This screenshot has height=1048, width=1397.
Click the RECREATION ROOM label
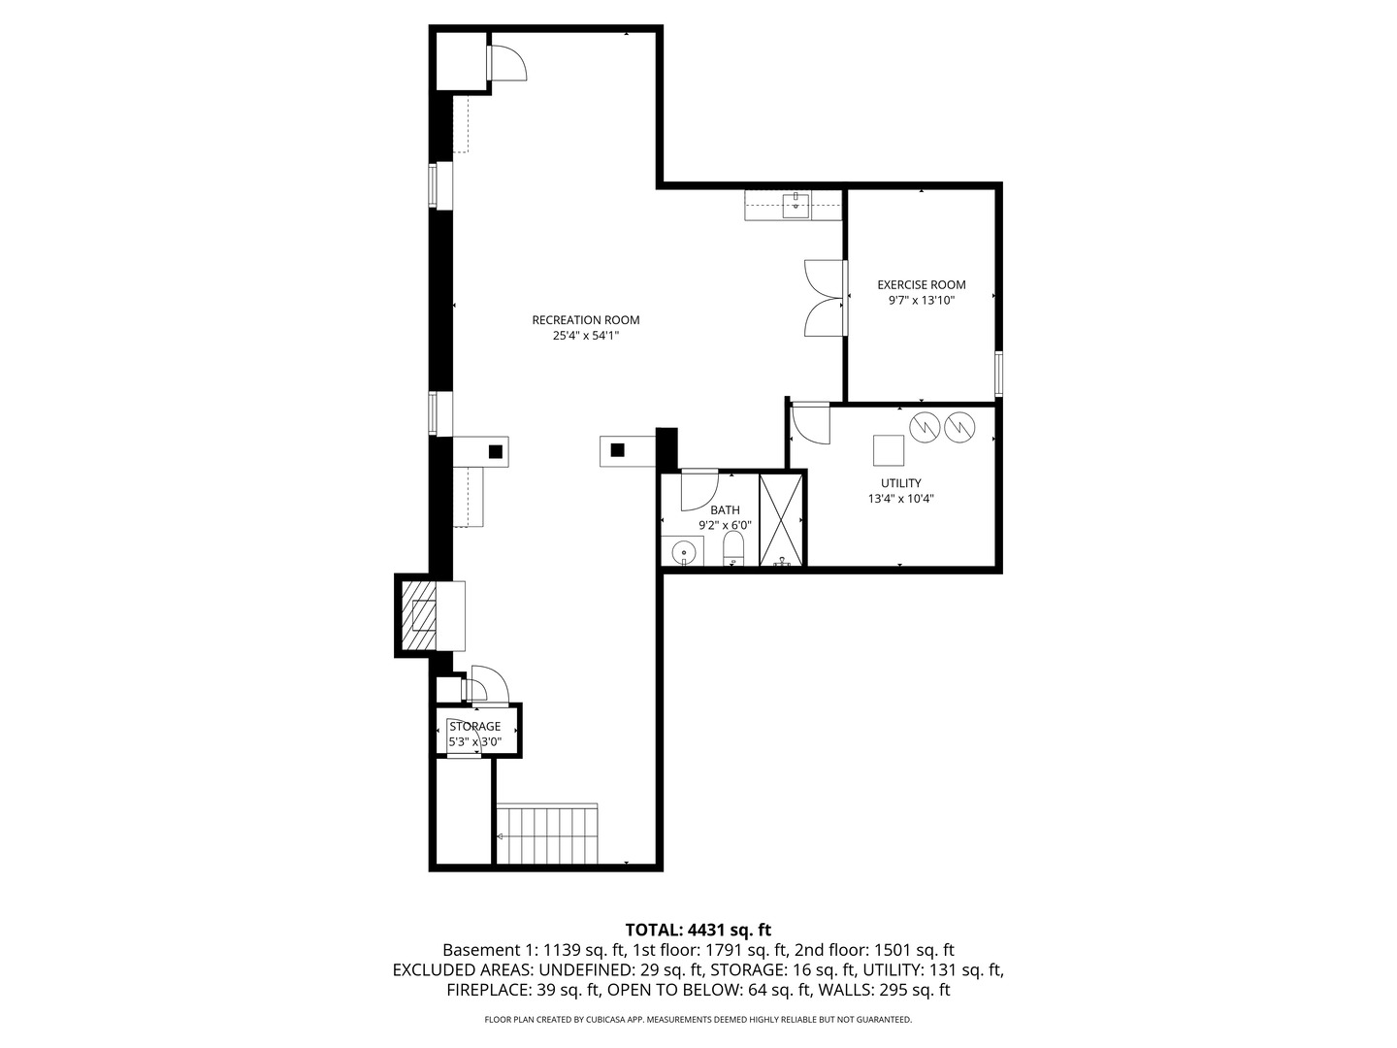[585, 320]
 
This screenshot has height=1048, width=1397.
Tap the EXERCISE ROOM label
[921, 284]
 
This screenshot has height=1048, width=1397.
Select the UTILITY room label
[900, 483]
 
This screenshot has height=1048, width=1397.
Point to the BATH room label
[725, 509]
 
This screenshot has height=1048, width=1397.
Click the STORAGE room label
[474, 726]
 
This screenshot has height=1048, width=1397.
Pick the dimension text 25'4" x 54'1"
[585, 336]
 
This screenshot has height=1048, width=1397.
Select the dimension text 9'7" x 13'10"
[921, 301]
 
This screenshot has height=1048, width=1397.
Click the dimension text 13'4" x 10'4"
[900, 499]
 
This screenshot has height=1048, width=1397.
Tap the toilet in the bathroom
[733, 547]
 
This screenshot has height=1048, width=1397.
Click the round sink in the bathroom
[686, 551]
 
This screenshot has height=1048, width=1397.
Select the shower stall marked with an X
[782, 519]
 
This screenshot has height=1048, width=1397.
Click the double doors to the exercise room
[826, 299]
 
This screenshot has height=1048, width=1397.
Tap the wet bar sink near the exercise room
[795, 204]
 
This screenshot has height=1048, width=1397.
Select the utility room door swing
[810, 423]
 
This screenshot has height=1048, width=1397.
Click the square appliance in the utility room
[888, 451]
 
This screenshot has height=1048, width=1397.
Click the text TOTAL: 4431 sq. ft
[698, 930]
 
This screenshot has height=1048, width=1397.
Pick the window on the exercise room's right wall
[998, 374]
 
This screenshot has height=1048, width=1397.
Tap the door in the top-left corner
[506, 62]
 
